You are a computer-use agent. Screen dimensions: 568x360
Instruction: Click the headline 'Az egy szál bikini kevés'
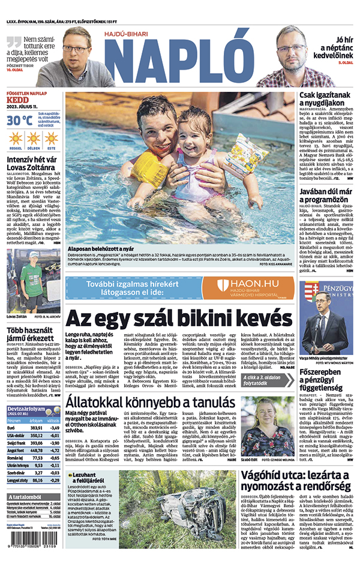[178, 316]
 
